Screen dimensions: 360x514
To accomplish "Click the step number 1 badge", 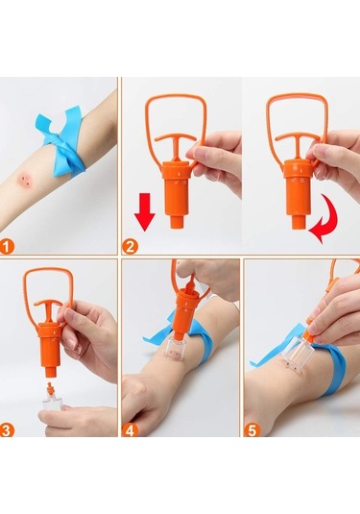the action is pos(8,247).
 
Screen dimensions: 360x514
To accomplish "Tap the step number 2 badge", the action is pos(130,247).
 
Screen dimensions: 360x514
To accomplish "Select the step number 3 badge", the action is pos(7,429).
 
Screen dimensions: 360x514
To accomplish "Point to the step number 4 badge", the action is pos(130,429).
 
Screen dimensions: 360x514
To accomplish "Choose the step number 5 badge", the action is pos(252,429).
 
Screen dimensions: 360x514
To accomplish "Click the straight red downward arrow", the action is pos(144,211).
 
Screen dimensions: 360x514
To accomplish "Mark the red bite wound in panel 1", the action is pos(25,179).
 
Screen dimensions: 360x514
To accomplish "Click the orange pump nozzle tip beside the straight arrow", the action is pos(177,221).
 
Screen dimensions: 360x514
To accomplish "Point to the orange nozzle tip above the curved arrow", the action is pos(299,222).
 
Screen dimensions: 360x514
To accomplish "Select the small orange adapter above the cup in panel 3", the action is pos(50,389).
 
